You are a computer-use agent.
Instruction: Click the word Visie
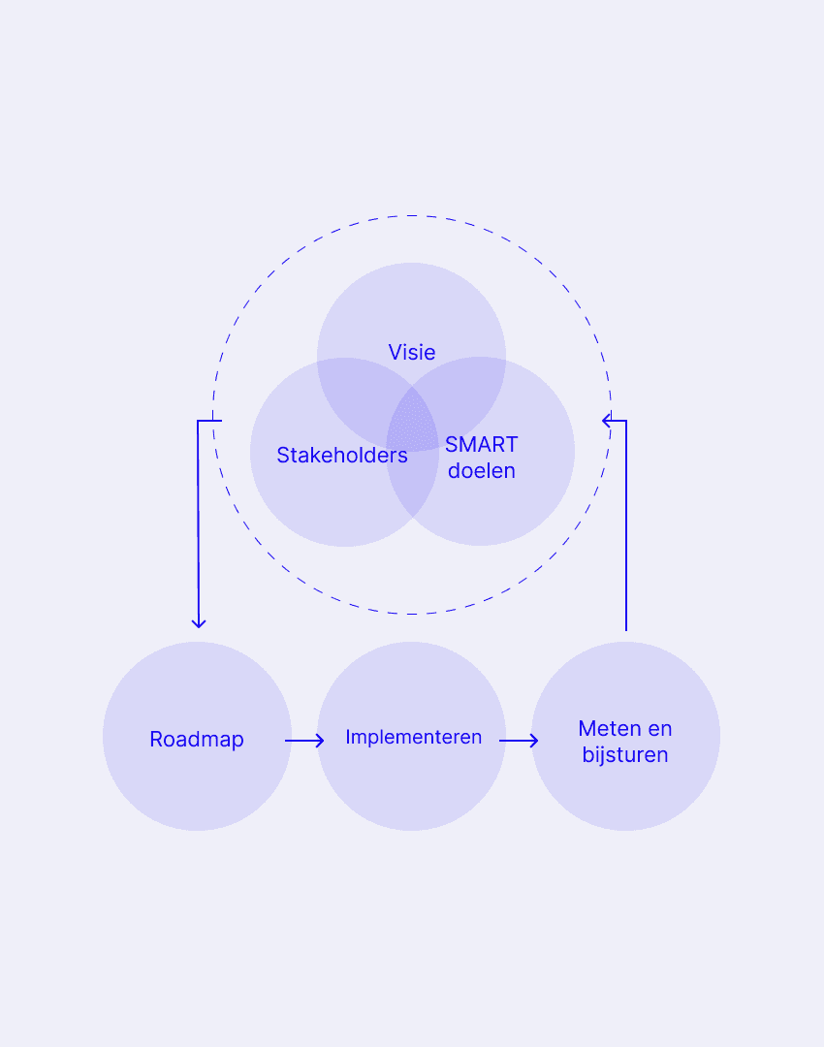(412, 352)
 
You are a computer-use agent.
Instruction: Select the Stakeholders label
(342, 455)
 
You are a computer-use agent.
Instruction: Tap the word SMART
(482, 445)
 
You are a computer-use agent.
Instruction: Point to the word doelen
(482, 471)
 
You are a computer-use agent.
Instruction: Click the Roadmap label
(197, 739)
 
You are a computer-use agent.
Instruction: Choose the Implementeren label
(413, 737)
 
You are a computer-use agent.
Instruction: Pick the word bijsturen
(625, 754)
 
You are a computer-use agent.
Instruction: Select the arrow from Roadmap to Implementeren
(304, 741)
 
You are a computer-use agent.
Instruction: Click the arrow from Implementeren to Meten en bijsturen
(519, 741)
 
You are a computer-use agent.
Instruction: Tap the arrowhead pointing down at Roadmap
(199, 622)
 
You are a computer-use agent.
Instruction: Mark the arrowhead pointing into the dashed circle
(607, 420)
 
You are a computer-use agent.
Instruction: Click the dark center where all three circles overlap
(413, 419)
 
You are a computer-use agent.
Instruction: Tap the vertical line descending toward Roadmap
(198, 523)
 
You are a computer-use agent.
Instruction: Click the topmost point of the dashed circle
(412, 215)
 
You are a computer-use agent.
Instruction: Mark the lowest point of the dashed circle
(412, 614)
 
